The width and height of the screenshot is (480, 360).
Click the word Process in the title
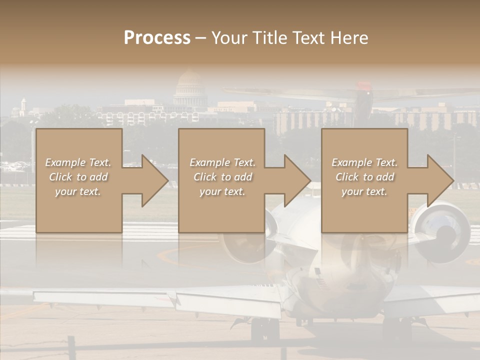157,38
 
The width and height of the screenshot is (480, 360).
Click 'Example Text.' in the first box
78,162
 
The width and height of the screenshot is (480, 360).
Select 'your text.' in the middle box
222,191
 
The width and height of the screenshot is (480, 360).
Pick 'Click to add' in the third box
364,177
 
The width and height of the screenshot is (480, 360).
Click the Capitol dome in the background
189,87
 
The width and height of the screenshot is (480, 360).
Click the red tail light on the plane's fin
368,93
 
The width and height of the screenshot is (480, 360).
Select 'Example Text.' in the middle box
222,162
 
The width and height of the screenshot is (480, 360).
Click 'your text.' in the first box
78,191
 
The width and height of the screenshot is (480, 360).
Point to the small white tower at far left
23,106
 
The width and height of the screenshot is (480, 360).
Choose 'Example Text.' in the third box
364,162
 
